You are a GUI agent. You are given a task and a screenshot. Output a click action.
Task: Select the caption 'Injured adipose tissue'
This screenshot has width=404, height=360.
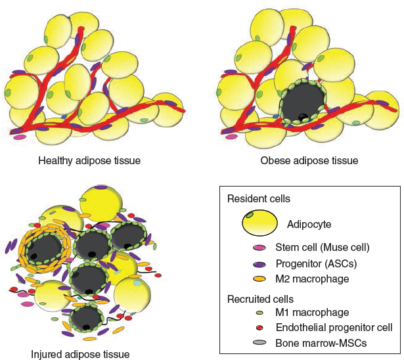[x=79, y=353]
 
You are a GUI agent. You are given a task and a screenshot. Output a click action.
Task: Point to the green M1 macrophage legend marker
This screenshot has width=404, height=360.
[x=260, y=313]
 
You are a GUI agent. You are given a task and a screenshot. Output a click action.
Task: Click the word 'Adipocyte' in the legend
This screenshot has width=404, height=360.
[x=309, y=224]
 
